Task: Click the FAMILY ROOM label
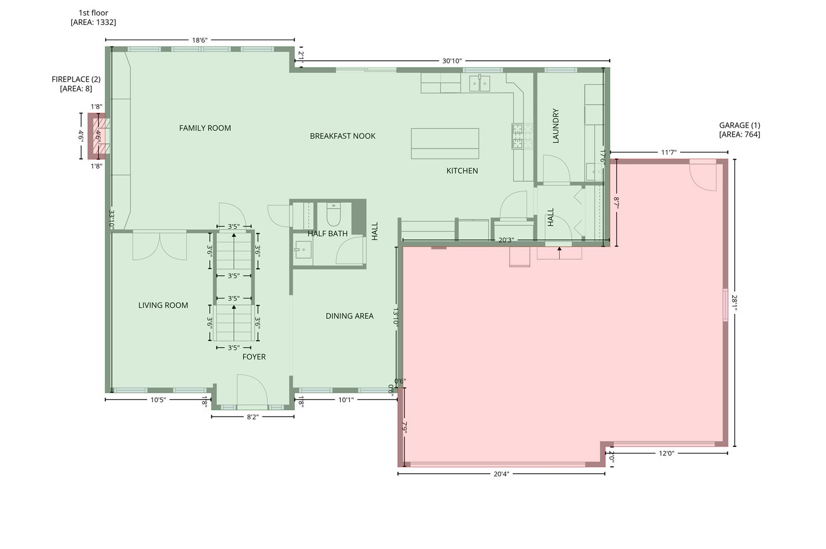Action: [x=205, y=128]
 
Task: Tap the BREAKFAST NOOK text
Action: [x=342, y=136]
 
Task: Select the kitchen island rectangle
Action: [x=445, y=143]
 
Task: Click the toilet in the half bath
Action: [x=333, y=215]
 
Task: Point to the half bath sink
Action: [x=303, y=250]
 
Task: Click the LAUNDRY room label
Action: [x=556, y=126]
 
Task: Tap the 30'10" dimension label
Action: [x=452, y=61]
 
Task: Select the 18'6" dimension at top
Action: [x=200, y=40]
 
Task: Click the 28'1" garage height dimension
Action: [x=735, y=302]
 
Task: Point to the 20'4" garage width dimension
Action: [x=501, y=474]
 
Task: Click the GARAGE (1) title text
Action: [x=740, y=125]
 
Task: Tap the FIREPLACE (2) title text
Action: [x=76, y=79]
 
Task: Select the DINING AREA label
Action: [x=350, y=316]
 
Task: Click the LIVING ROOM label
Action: [x=163, y=305]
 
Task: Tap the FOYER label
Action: [x=254, y=357]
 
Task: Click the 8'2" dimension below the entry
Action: [x=253, y=417]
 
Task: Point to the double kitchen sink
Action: [x=480, y=84]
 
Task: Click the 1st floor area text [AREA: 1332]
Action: [x=93, y=22]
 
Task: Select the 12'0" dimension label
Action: [x=666, y=453]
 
